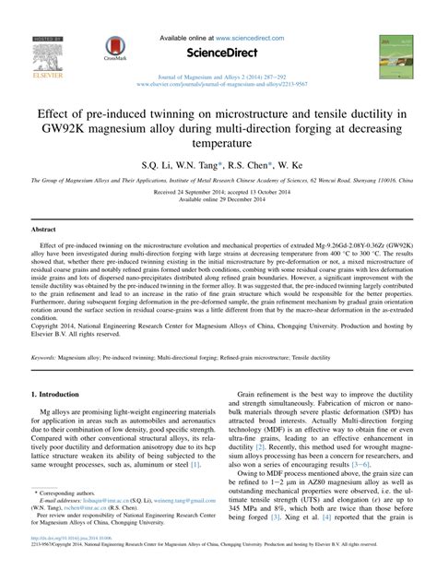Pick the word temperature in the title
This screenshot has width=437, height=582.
point(218,146)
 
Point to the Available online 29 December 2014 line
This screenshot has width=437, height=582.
point(218,205)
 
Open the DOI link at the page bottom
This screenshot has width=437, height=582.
point(70,562)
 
